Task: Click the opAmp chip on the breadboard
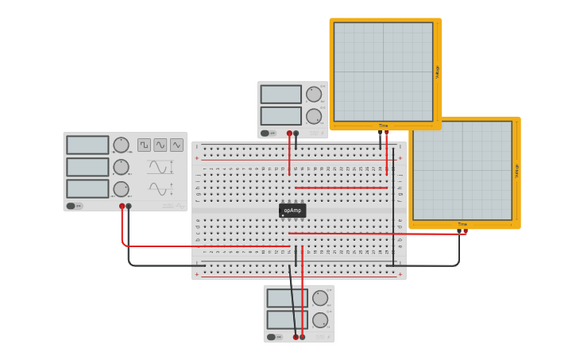(292, 211)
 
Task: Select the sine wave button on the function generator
(160, 145)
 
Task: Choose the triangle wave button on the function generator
(176, 145)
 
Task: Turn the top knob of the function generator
(121, 145)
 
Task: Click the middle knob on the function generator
(121, 167)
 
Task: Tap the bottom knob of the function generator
(121, 189)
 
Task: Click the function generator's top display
(87, 145)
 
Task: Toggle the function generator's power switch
(74, 206)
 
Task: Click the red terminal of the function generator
(122, 206)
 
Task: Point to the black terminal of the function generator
(129, 206)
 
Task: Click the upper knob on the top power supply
(314, 95)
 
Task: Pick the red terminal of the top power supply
(289, 134)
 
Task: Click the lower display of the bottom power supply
(287, 319)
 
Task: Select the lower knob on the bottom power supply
(320, 319)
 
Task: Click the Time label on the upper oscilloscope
(383, 126)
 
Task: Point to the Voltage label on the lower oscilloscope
(516, 170)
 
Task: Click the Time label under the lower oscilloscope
(462, 224)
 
